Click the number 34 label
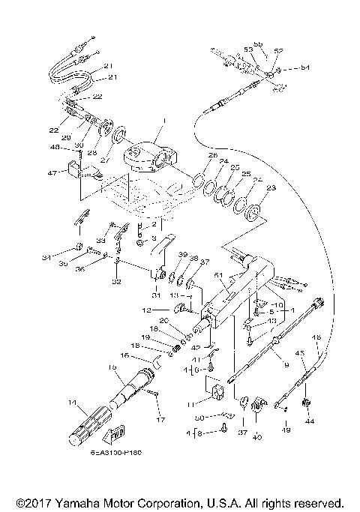coord(46,258)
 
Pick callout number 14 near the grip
coord(73,403)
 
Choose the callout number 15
coord(113,367)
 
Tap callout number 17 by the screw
coord(160,419)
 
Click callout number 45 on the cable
coord(301,353)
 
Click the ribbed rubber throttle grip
coord(89,427)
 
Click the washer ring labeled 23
coord(253,209)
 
